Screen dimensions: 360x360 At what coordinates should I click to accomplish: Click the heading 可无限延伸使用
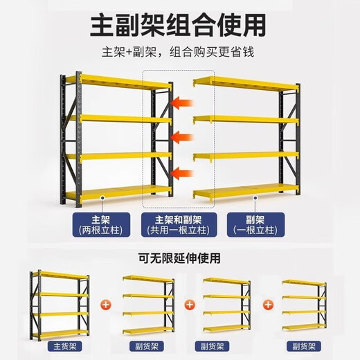(x=179, y=259)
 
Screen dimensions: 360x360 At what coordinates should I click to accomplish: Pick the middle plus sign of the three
(x=186, y=303)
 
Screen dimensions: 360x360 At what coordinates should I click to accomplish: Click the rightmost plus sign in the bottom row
(x=267, y=303)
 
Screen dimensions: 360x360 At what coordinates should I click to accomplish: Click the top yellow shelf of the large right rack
(x=246, y=84)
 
